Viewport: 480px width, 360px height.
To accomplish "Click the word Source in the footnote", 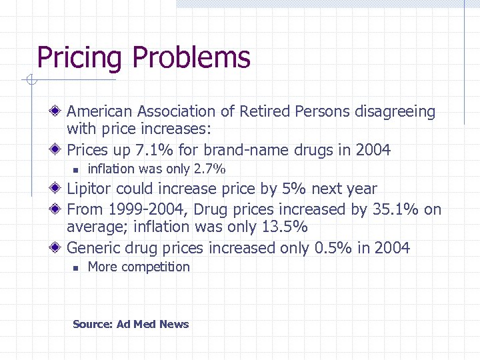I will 92,325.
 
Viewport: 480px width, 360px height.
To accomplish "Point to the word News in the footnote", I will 174,325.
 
